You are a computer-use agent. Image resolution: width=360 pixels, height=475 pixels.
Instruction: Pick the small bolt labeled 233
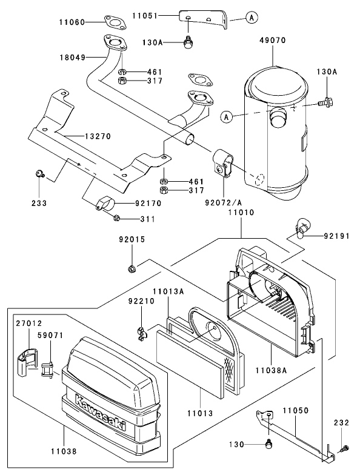tap(39, 174)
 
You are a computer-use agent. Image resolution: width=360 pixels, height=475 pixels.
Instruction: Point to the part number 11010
tap(241, 213)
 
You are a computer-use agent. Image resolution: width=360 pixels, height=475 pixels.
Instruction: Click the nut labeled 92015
tap(131, 267)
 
